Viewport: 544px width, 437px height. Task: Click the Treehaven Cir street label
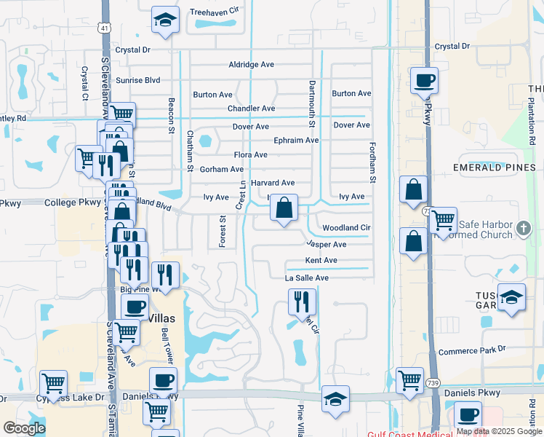pyautogui.click(x=214, y=12)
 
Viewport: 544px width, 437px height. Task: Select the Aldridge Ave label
pyautogui.click(x=251, y=65)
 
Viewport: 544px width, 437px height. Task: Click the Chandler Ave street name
pyautogui.click(x=251, y=109)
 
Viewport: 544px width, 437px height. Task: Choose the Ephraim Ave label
pyautogui.click(x=296, y=140)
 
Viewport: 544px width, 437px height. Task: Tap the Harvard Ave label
pyautogui.click(x=272, y=183)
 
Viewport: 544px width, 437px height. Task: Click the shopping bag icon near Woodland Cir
pyautogui.click(x=284, y=208)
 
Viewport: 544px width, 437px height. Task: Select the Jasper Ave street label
pyautogui.click(x=326, y=245)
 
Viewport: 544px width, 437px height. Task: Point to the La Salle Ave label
pyautogui.click(x=307, y=278)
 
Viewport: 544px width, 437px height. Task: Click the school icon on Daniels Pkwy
pyautogui.click(x=335, y=398)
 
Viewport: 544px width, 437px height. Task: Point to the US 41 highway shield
pyautogui.click(x=105, y=28)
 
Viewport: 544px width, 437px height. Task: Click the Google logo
pyautogui.click(x=24, y=429)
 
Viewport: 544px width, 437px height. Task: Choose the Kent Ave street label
pyautogui.click(x=321, y=261)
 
